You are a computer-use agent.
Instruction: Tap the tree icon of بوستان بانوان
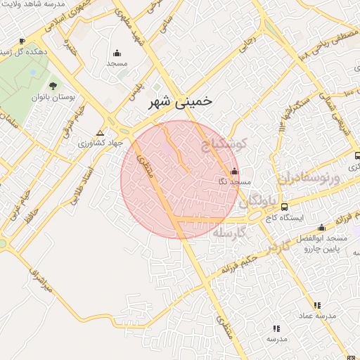53,86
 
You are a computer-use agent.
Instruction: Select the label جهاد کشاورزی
103,143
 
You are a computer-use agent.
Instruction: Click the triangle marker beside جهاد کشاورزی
100,132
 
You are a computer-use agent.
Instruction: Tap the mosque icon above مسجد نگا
234,172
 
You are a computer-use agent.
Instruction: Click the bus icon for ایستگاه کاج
284,207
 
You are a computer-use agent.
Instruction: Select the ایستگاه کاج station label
285,218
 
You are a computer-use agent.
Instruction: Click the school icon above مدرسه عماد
317,305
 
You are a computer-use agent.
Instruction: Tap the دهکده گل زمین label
25,52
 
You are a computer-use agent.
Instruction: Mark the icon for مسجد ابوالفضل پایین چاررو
322,227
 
